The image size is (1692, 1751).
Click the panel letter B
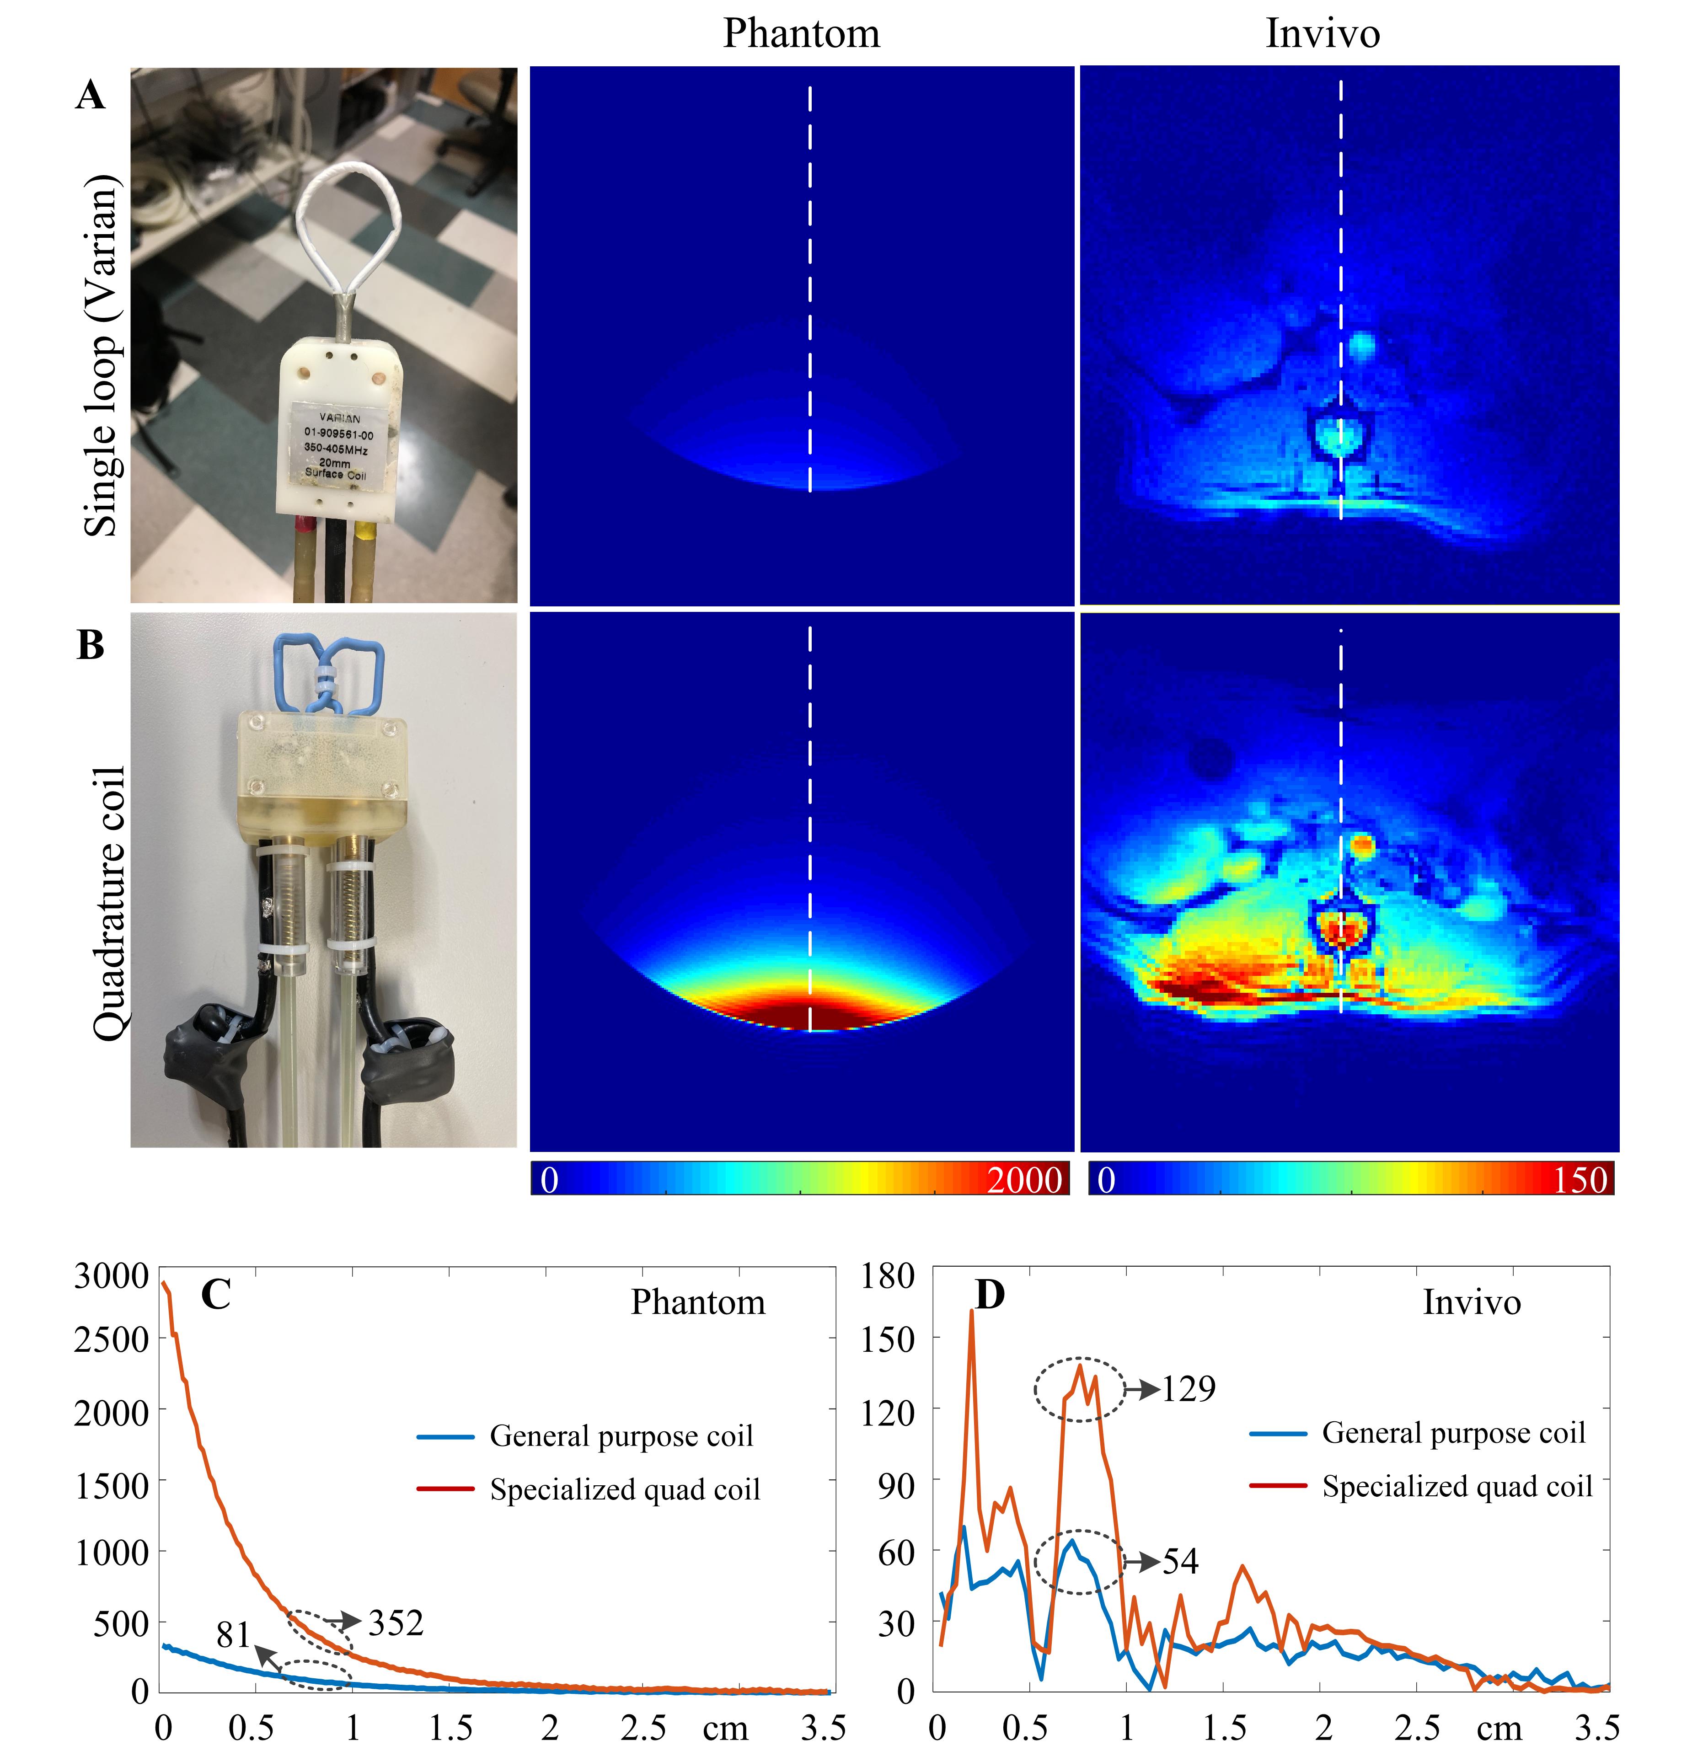coord(90,644)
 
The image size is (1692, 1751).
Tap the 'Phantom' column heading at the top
coord(801,34)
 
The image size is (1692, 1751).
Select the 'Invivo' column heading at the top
coord(1322,34)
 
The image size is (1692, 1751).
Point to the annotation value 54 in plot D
coord(1180,1561)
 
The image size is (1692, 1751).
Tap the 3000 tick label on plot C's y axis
coord(111,1276)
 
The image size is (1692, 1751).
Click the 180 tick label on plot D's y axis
coord(887,1276)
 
